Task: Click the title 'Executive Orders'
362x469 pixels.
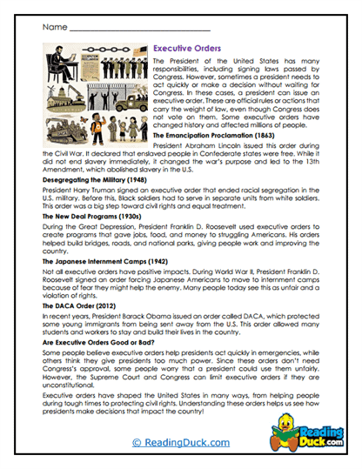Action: tap(187, 50)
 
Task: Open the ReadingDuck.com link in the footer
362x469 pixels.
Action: tap(180, 444)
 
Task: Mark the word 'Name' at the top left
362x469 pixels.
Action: tap(54, 28)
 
